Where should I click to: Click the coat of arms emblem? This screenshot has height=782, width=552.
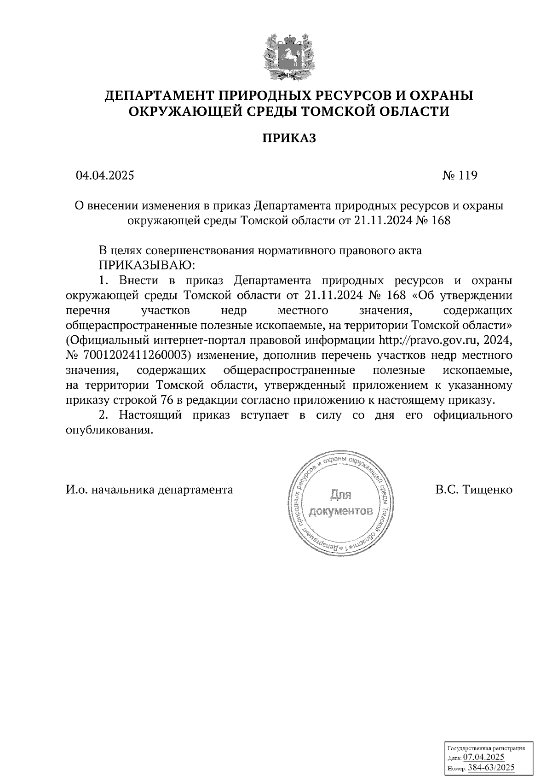tap(289, 55)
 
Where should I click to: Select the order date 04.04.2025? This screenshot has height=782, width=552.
tap(105, 175)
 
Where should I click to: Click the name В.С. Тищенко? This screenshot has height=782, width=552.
tap(474, 489)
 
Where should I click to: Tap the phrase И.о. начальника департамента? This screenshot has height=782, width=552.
tap(149, 489)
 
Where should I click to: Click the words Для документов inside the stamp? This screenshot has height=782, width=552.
tap(340, 503)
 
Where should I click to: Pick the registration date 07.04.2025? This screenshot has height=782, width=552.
tap(483, 758)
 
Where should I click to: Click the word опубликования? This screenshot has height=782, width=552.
tap(109, 430)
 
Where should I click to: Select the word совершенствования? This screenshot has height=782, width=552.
tap(199, 251)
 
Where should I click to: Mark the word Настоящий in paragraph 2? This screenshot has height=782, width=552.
tap(150, 415)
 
